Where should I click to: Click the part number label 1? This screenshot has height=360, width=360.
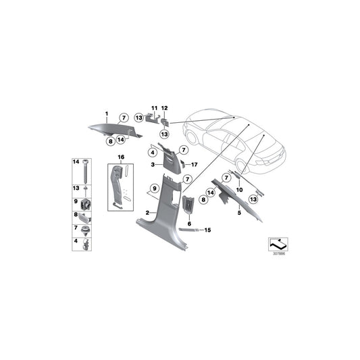(107, 113)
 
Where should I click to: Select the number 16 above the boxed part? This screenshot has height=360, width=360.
(121, 157)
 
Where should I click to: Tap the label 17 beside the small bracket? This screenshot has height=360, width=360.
(195, 165)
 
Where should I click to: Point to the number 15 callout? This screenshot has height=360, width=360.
(207, 230)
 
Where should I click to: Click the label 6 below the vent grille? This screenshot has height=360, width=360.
(189, 224)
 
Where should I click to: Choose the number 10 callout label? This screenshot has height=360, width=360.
(239, 190)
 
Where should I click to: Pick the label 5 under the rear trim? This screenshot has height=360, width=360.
(239, 213)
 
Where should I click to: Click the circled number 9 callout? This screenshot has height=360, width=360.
(155, 188)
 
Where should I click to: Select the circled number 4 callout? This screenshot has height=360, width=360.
(153, 152)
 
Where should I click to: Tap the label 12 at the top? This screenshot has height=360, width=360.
(164, 108)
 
